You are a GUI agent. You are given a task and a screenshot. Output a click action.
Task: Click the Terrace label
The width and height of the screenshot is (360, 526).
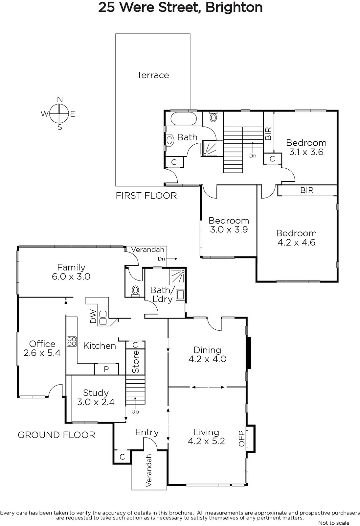click(153, 75)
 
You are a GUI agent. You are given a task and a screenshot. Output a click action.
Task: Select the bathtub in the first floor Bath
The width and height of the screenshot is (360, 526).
click(183, 119)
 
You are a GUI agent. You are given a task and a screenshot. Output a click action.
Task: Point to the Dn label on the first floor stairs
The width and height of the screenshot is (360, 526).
click(253, 156)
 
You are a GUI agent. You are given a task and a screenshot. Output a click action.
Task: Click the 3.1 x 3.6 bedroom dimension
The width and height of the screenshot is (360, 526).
click(306, 152)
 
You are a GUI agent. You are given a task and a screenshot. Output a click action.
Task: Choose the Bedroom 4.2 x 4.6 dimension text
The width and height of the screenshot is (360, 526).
click(296, 242)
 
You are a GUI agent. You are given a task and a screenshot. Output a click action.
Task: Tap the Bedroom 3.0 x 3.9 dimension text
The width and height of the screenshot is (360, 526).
click(229, 229)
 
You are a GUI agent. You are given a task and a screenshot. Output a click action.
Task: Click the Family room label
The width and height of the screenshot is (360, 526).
click(71, 268)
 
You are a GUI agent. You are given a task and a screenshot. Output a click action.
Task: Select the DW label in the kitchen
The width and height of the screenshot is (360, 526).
click(93, 316)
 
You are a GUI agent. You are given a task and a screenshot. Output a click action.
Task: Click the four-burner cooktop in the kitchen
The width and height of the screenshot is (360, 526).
click(72, 342)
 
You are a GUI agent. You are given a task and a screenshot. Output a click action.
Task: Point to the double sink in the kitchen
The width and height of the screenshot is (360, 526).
click(103, 318)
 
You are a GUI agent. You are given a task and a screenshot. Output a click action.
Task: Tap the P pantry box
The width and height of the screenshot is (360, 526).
click(106, 370)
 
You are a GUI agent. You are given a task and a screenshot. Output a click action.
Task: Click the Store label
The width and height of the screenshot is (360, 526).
click(135, 362)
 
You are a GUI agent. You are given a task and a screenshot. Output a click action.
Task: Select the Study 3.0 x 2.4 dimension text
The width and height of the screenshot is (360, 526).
click(96, 402)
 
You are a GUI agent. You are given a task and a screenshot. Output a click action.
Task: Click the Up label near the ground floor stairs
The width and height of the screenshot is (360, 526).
click(135, 412)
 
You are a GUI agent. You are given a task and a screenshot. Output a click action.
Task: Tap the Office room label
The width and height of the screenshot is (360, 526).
click(42, 344)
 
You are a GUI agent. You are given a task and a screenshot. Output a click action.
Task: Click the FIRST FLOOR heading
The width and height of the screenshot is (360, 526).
click(146, 196)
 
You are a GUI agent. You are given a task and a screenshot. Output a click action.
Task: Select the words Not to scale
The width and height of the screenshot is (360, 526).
click(334, 523)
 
